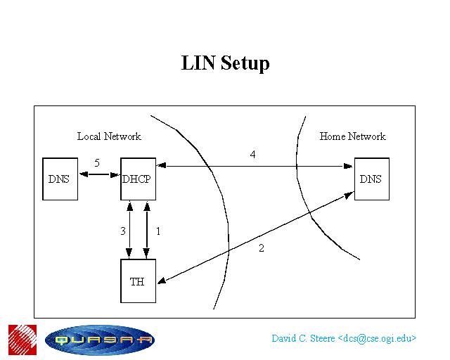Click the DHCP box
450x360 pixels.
click(x=138, y=179)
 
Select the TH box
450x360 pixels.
click(x=138, y=281)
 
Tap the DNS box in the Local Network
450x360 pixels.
click(x=60, y=179)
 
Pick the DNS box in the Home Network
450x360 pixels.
click(x=372, y=179)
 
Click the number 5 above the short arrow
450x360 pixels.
click(x=97, y=163)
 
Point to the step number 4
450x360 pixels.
click(x=252, y=155)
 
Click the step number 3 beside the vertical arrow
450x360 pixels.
click(x=123, y=231)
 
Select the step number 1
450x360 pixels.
click(x=157, y=231)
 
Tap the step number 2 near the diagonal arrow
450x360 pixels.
click(x=261, y=248)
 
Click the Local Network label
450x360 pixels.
click(x=109, y=136)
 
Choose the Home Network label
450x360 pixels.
click(x=353, y=136)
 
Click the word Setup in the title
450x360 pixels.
click(x=245, y=63)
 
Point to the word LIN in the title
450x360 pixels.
click(x=198, y=63)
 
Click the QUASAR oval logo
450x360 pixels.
click(x=100, y=340)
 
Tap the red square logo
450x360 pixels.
click(x=22, y=340)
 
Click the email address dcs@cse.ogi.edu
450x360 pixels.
click(x=377, y=338)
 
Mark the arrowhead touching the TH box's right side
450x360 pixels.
click(x=162, y=281)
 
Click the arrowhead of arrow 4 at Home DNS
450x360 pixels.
click(x=348, y=166)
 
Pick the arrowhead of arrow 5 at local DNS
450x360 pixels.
click(x=84, y=174)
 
